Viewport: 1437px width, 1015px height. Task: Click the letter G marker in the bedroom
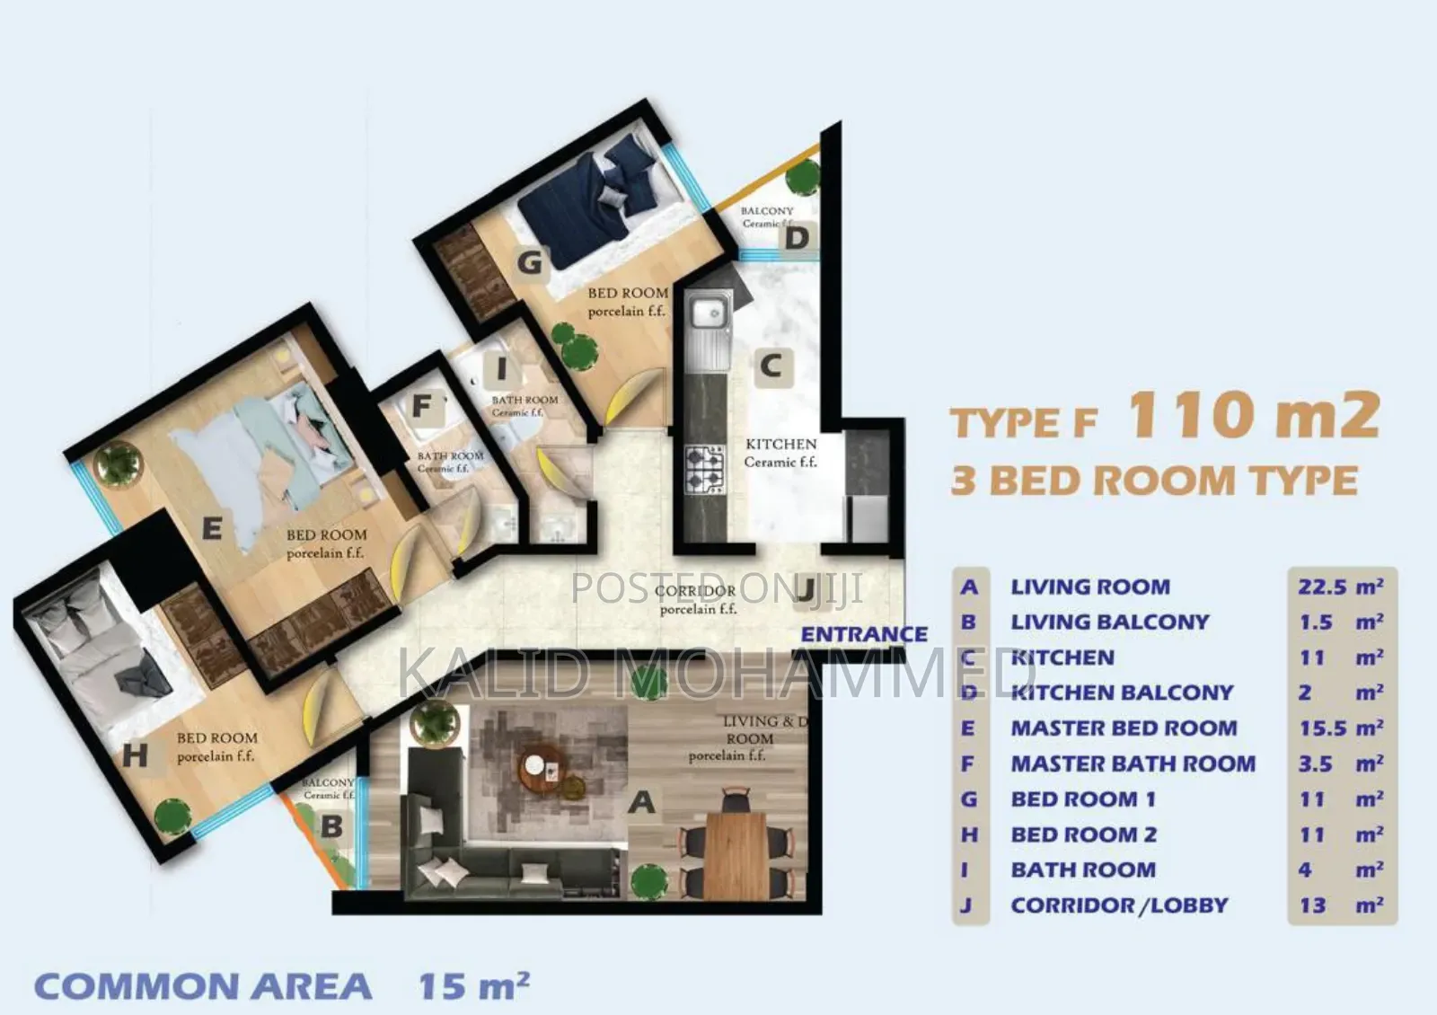click(x=530, y=262)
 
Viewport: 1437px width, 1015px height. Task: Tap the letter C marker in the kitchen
click(x=771, y=366)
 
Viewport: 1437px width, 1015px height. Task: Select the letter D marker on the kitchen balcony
click(x=797, y=239)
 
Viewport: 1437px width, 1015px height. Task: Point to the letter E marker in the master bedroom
click(x=212, y=528)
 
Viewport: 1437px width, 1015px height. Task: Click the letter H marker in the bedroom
click(x=136, y=755)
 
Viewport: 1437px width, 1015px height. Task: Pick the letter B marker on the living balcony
click(x=331, y=826)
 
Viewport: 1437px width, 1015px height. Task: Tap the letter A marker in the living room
click(x=641, y=801)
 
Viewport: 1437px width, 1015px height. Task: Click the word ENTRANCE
click(x=864, y=634)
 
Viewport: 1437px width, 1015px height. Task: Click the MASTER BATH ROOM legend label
click(x=1133, y=763)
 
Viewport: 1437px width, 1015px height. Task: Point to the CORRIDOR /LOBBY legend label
click(x=1119, y=905)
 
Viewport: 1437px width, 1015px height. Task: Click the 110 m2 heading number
click(x=1253, y=415)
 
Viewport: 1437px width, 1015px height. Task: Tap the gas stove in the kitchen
click(x=705, y=470)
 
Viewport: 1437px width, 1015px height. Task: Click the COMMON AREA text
click(x=203, y=986)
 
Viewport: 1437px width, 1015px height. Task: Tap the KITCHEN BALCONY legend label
click(x=1122, y=693)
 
